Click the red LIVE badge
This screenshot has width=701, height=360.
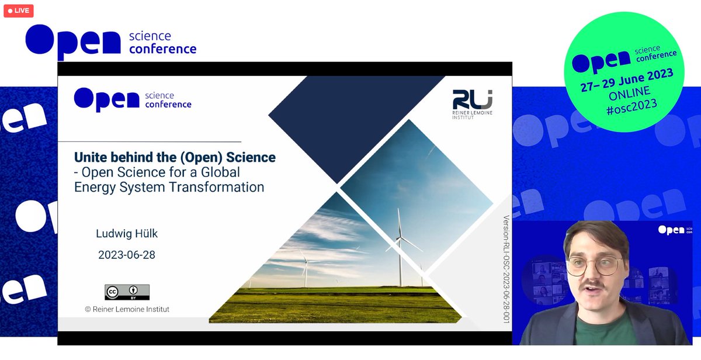click(x=19, y=11)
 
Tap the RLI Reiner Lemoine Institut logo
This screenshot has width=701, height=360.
click(x=473, y=102)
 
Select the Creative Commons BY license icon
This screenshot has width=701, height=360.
click(x=127, y=292)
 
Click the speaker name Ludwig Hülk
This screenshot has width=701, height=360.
click(x=127, y=234)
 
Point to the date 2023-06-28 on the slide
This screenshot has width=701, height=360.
click(x=127, y=255)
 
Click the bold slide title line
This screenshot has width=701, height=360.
click(x=175, y=157)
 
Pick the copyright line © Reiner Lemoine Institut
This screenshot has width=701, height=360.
click(x=127, y=309)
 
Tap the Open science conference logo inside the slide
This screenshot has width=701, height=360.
click(x=133, y=99)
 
